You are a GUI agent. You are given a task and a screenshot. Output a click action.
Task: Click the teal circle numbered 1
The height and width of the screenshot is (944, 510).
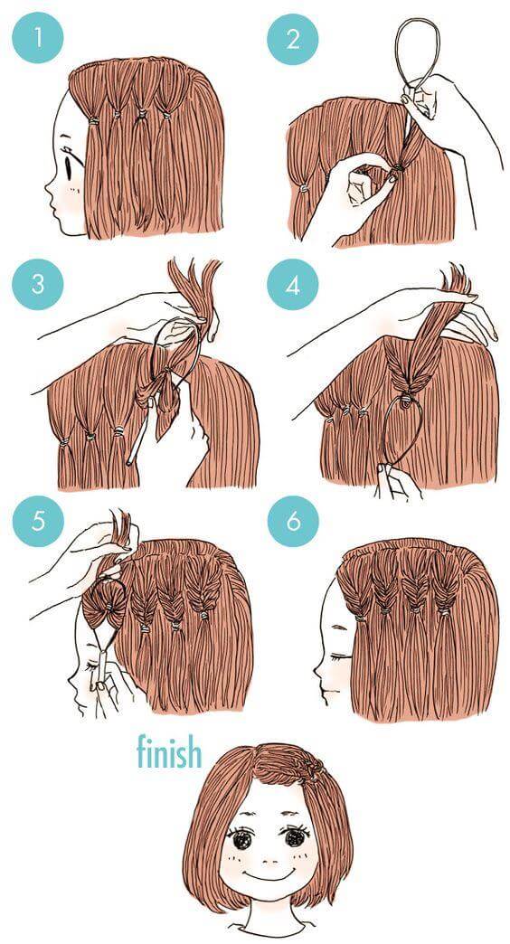[37, 38]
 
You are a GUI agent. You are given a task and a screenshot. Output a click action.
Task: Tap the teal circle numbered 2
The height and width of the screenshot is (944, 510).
[293, 39]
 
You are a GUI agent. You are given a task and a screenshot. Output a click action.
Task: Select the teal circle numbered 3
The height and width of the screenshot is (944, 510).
[37, 284]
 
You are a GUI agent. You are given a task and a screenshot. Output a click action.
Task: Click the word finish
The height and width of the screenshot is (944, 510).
[168, 751]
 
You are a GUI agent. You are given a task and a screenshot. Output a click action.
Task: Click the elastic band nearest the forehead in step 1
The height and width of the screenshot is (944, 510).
[93, 121]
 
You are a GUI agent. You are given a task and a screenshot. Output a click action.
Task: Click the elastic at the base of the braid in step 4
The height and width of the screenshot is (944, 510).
[409, 396]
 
